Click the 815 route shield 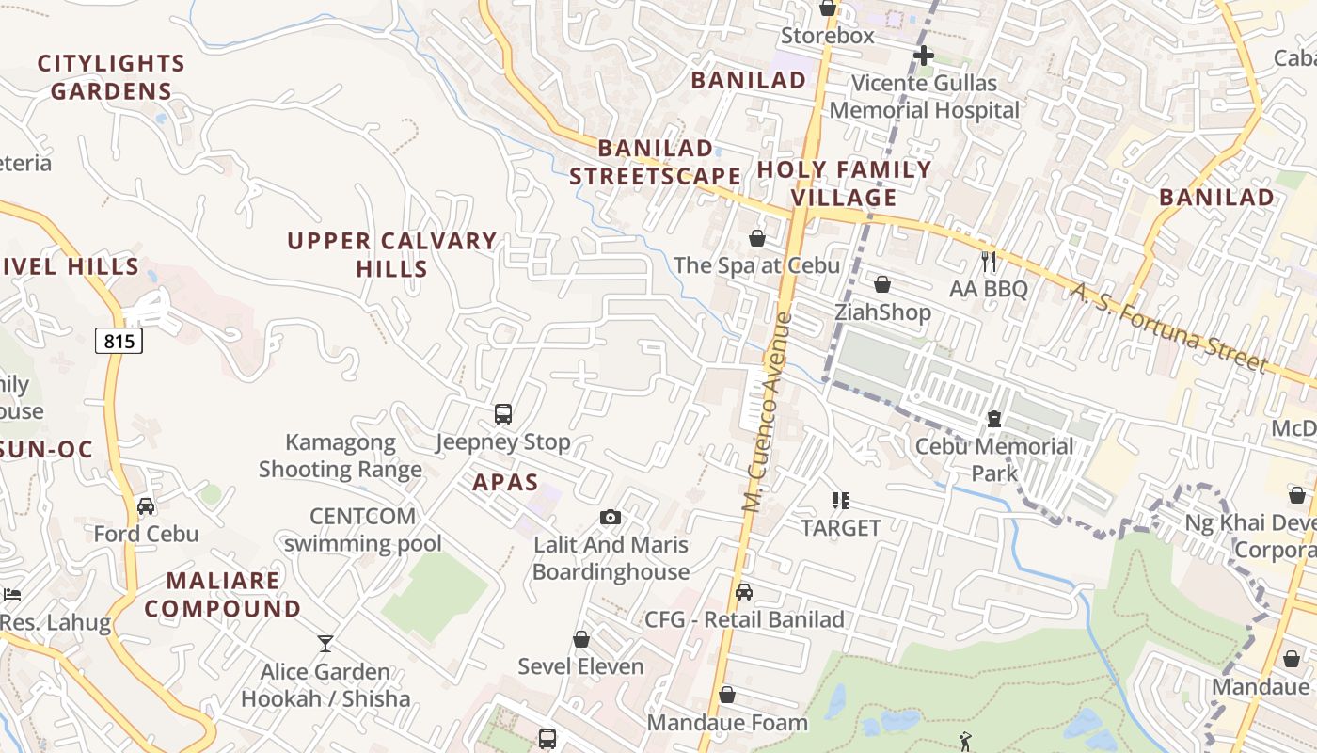point(119,341)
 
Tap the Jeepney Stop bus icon point(503,414)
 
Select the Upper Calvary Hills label point(392,255)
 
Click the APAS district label point(505,483)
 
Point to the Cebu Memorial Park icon point(994,419)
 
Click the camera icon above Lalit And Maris point(611,517)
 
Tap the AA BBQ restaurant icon point(988,261)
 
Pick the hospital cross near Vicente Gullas point(924,56)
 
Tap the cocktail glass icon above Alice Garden point(325,644)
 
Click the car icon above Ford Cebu point(146,506)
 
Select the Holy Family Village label point(844,184)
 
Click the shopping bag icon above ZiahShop point(882,284)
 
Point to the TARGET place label point(841,528)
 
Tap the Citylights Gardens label point(111,77)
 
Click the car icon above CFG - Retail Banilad point(744,592)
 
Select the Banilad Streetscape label point(656,162)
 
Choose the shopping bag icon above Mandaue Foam point(727,696)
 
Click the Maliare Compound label point(223,595)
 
